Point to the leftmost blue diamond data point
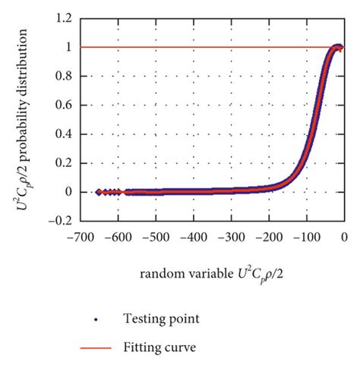coord(99,192)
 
